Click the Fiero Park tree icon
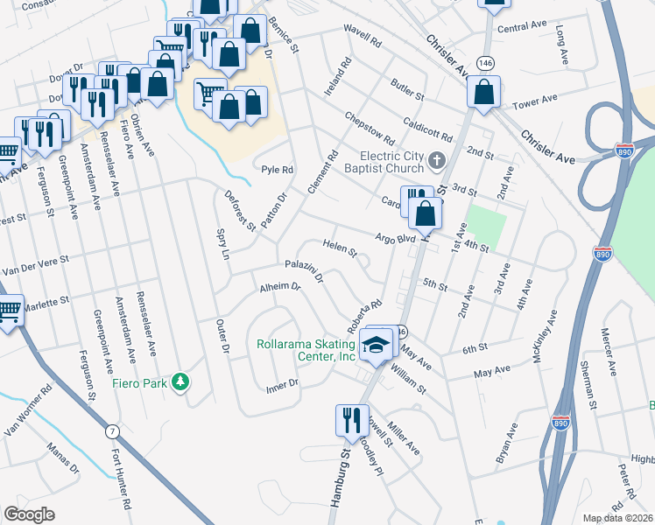[180, 381]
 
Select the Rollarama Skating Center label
[306, 351]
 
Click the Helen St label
[340, 248]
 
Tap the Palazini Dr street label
[304, 270]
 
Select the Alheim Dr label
[279, 286]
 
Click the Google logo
[29, 514]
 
